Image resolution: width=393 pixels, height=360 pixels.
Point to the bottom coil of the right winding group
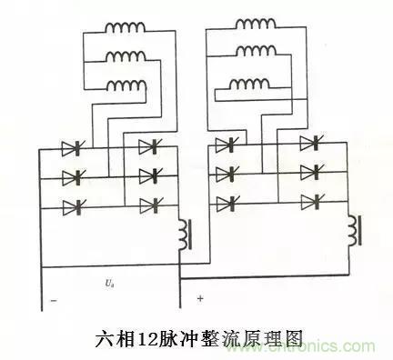249,85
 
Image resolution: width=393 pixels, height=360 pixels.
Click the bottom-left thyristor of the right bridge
227,202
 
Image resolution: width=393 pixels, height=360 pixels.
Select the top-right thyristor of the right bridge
310,141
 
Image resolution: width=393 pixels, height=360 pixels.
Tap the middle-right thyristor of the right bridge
310,171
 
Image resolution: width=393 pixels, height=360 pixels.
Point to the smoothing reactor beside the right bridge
353,231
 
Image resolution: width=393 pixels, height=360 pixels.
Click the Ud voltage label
109,284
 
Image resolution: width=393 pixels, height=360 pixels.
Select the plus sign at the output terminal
199,298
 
